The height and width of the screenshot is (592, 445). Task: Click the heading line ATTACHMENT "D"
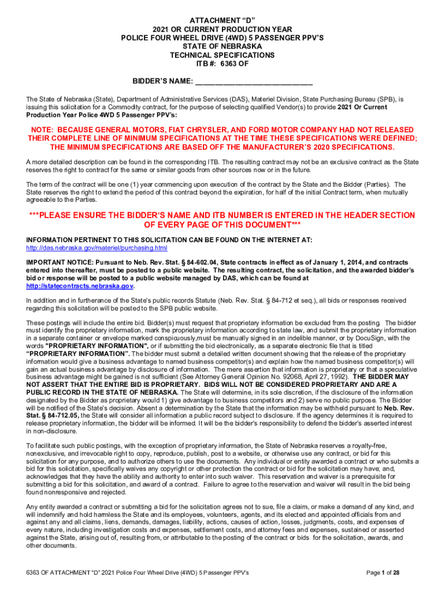[222, 20]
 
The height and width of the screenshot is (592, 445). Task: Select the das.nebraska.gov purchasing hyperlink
[97, 248]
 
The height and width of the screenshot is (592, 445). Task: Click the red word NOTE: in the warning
[44, 129]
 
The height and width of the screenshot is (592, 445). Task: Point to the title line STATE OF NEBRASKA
[222, 46]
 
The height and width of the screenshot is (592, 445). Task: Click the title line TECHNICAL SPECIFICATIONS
[222, 54]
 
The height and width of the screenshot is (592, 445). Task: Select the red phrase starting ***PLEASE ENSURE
[222, 216]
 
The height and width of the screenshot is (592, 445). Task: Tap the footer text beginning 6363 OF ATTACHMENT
[133, 572]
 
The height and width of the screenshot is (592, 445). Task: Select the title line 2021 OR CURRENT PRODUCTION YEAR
[222, 29]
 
